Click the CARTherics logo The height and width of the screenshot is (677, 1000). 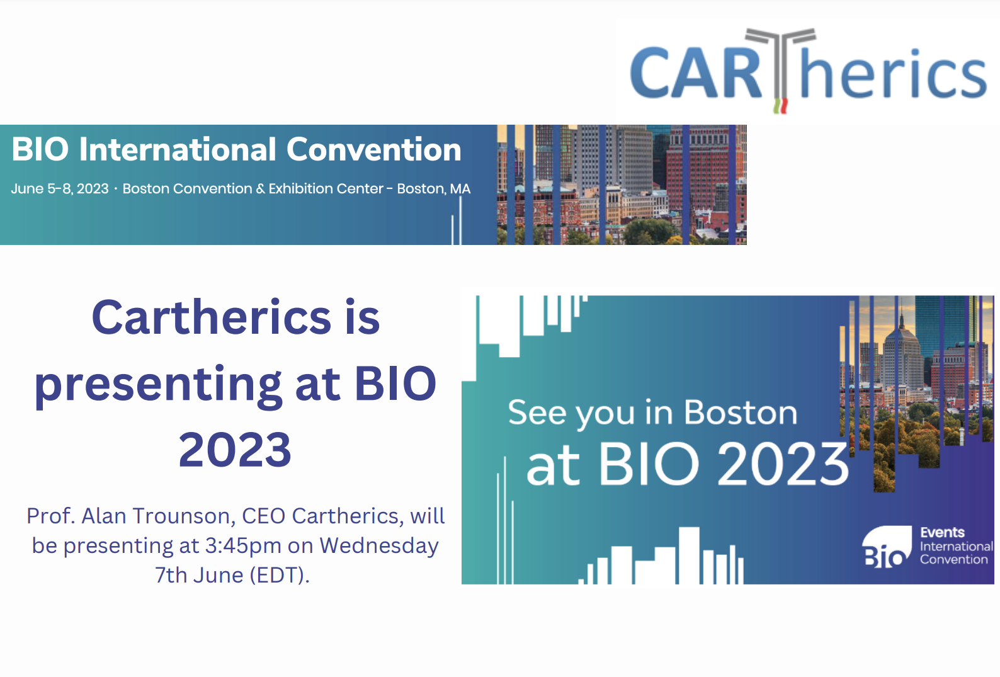808,71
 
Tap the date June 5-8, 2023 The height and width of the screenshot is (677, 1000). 60,189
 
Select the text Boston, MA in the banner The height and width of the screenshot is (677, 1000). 433,189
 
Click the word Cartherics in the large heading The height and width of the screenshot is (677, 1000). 212,317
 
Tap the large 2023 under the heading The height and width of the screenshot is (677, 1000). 235,450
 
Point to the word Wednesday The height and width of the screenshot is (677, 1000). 379,546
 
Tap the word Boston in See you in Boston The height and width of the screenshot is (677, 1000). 741,413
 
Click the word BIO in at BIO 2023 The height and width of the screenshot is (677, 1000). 649,464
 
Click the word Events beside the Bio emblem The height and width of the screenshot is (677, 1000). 942,533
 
